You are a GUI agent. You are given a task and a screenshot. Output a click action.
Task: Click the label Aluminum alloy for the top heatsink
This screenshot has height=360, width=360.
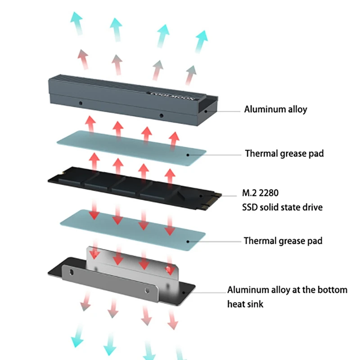tap(275, 109)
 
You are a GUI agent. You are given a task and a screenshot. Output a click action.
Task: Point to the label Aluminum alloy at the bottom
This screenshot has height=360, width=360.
tap(287, 290)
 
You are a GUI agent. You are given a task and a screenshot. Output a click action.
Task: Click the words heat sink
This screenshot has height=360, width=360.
tap(245, 304)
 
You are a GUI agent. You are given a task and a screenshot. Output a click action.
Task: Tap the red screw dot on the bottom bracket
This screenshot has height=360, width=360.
tap(168, 269)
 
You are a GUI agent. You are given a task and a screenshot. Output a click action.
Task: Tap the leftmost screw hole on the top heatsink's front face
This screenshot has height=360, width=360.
tap(80, 103)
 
